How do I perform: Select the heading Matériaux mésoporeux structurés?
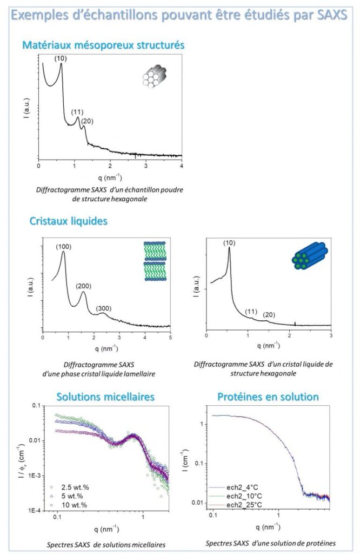103,45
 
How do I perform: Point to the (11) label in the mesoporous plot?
77,112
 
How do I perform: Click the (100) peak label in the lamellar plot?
63,247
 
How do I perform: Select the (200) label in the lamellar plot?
84,286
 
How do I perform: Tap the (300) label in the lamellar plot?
104,308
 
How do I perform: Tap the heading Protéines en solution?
268,397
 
